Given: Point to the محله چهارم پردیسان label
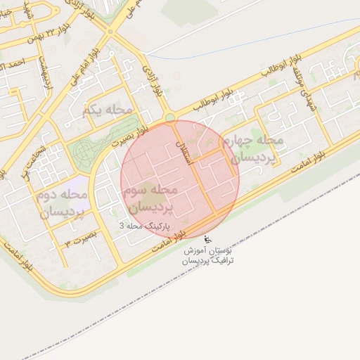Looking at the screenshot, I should click(x=251, y=149).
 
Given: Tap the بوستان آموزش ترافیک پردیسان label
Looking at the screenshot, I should click(x=209, y=255).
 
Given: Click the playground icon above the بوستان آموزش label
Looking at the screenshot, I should click(x=206, y=240).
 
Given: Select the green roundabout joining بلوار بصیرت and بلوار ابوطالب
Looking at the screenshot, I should click(x=169, y=117).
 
